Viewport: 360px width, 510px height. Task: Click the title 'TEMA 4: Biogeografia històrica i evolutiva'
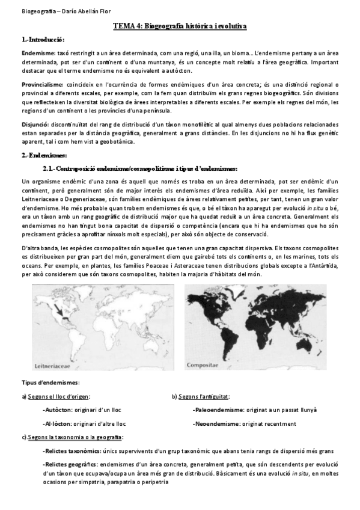pyautogui.click(x=180, y=27)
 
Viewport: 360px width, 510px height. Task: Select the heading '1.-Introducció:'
pyautogui.click(x=42, y=38)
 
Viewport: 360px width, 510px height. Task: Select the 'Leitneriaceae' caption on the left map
pyautogui.click(x=56, y=364)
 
